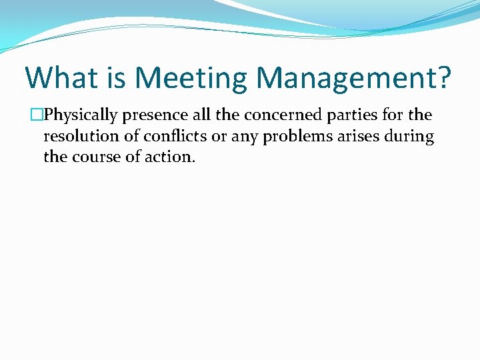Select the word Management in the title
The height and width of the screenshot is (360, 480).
click(343, 78)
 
